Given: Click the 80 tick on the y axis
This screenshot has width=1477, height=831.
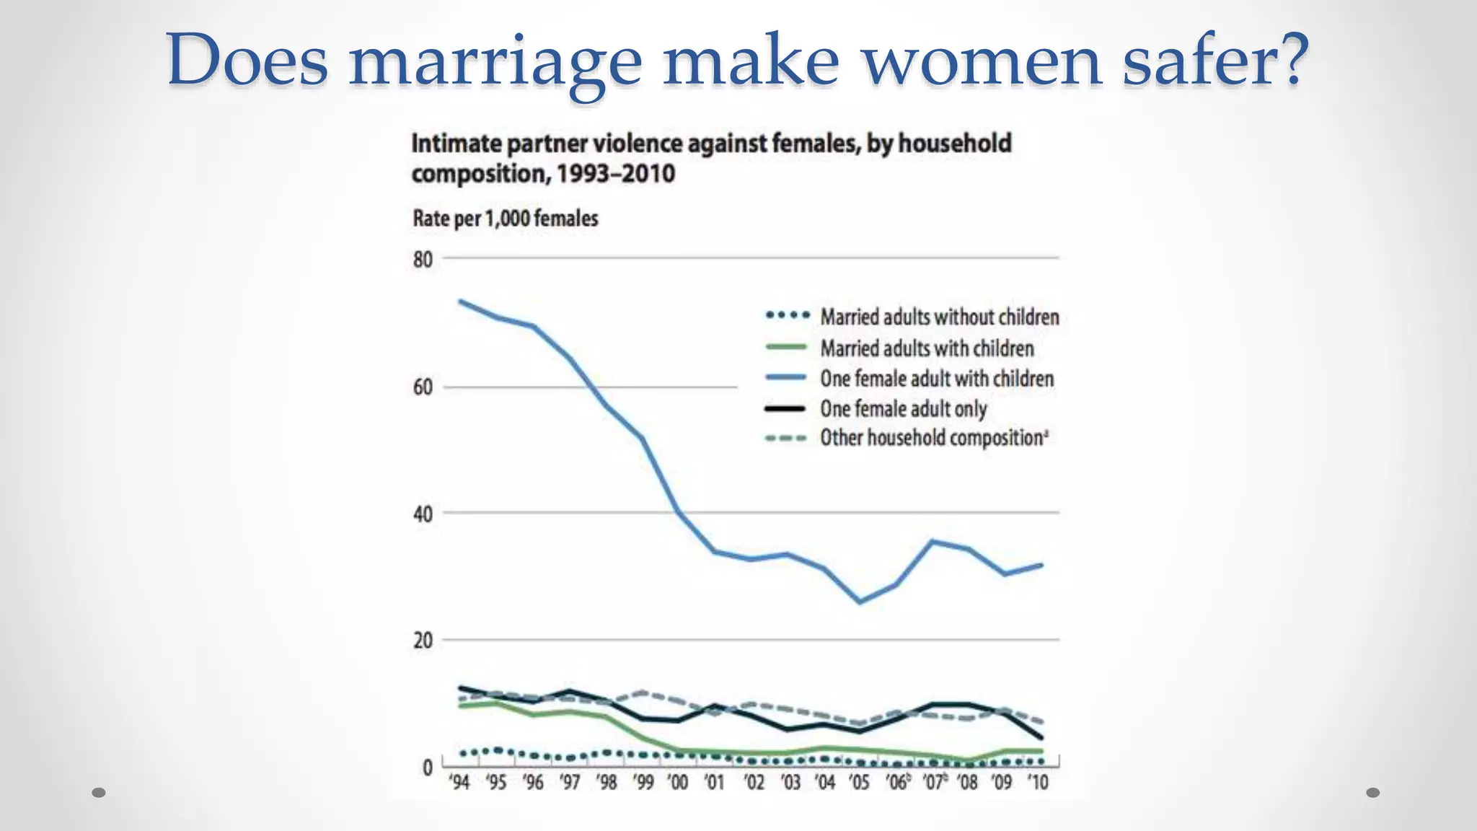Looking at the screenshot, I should click(423, 260).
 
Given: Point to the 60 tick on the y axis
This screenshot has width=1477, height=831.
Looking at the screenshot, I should click(423, 387).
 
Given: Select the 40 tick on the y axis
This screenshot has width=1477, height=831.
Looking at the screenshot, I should click(423, 514).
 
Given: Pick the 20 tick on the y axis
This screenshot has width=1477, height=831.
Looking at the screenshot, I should click(423, 641).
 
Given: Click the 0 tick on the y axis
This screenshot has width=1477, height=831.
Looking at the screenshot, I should click(428, 768).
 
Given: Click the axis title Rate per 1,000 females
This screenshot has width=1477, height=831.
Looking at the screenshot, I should click(505, 219).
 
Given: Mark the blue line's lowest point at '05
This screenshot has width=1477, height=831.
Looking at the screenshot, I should click(860, 602).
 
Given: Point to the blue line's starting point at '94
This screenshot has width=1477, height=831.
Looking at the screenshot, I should click(461, 302).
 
